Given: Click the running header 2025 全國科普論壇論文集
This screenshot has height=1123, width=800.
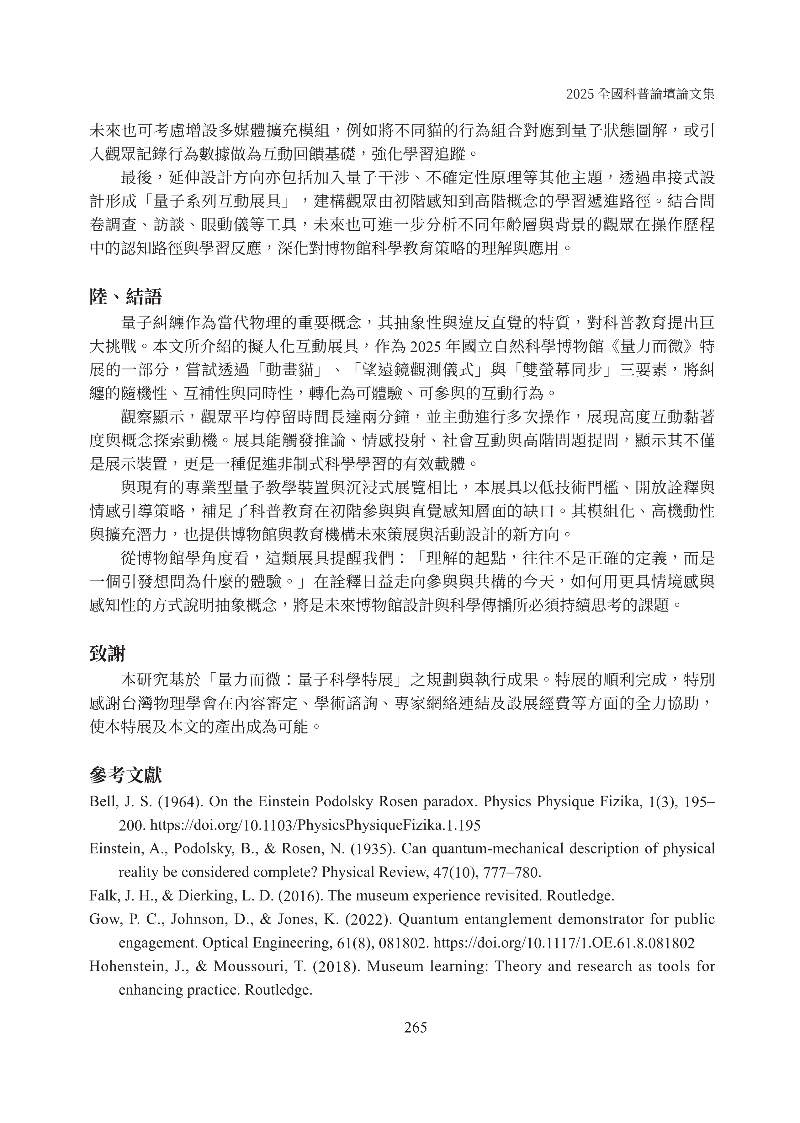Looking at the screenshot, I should (640, 94).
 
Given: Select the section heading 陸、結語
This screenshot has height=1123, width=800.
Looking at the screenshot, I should (126, 297).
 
